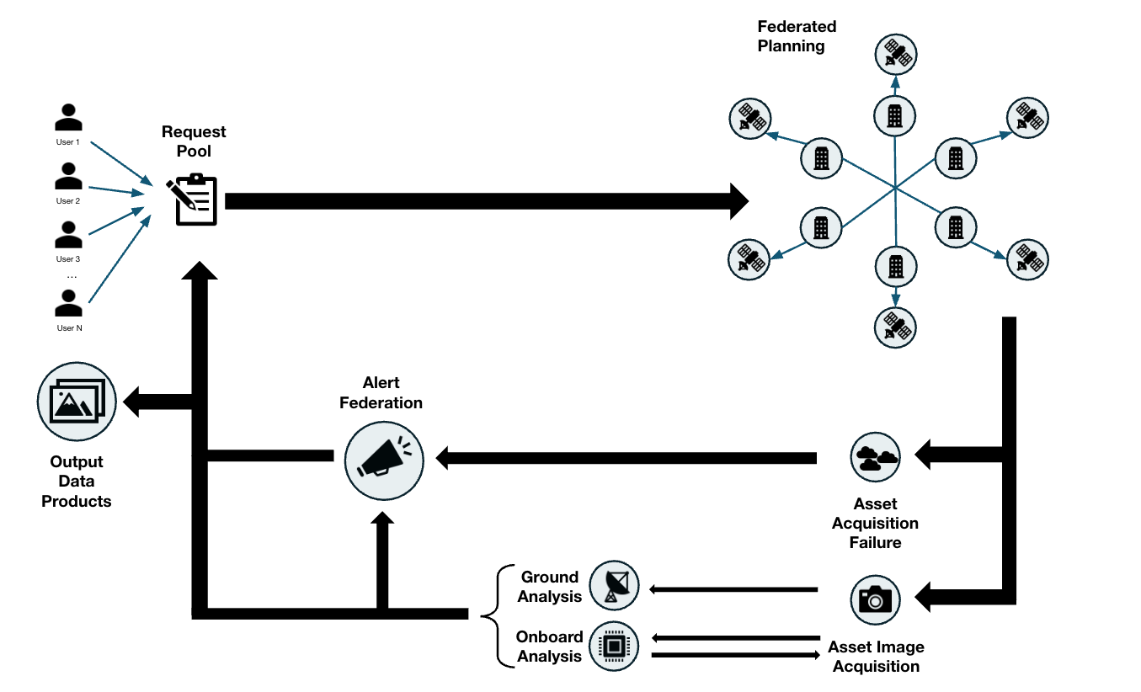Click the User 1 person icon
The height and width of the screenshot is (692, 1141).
click(68, 118)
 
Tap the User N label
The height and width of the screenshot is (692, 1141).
click(69, 327)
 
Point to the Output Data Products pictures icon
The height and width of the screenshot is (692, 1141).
click(77, 401)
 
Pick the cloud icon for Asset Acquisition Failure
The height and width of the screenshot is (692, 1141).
click(876, 457)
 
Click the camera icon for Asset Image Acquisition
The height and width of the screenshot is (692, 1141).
click(876, 599)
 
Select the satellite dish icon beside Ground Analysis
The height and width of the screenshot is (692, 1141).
click(614, 585)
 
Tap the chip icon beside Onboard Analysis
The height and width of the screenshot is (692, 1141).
click(614, 647)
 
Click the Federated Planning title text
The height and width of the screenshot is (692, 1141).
click(796, 36)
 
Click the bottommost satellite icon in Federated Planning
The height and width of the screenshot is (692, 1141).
click(895, 327)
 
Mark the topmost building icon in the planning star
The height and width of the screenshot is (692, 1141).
click(895, 114)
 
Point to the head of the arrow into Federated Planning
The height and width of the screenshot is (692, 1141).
click(738, 200)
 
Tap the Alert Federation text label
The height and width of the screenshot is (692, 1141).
click(381, 393)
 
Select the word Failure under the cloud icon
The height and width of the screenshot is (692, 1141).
click(875, 543)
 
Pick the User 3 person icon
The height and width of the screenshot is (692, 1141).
click(68, 235)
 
